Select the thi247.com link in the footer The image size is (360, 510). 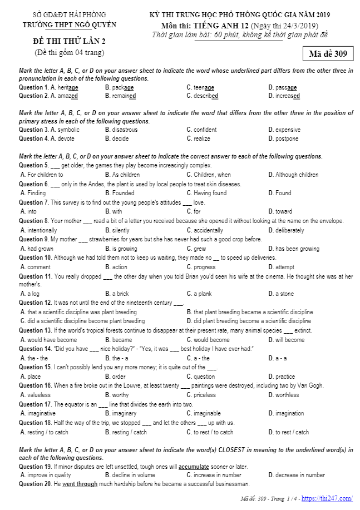[x=327, y=498]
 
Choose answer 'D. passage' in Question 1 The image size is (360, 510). [x=282, y=87]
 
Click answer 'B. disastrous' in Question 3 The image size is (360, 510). [x=121, y=130]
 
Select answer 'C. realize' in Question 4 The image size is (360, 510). [x=198, y=138]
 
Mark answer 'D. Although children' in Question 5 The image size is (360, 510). [x=293, y=175]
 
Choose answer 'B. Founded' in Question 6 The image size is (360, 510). [x=120, y=193]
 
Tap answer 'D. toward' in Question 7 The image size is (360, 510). [x=280, y=211]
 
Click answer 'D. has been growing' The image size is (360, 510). [x=293, y=249]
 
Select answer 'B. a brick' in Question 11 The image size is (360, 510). [x=117, y=294]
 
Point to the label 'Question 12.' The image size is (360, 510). [x=35, y=303]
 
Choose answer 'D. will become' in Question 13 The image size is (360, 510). [x=286, y=340]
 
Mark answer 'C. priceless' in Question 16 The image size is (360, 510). [x=201, y=395]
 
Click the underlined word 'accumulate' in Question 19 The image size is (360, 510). [x=194, y=467]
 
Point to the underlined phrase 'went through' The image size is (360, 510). [x=80, y=484]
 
